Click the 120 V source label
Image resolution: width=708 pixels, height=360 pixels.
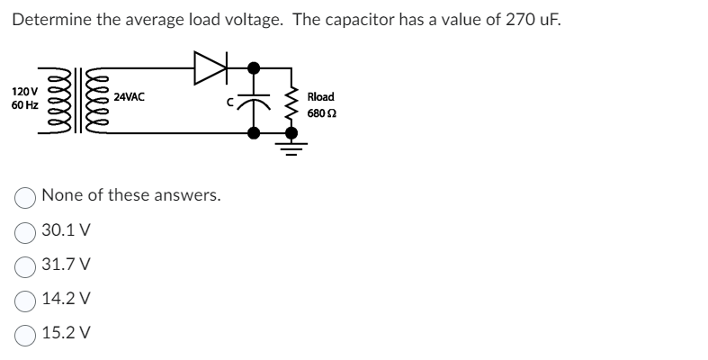tap(24, 92)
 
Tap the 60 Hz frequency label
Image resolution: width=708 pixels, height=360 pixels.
tap(24, 105)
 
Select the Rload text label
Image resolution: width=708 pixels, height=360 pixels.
tap(321, 96)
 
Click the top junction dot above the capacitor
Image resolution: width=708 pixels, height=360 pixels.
tap(255, 67)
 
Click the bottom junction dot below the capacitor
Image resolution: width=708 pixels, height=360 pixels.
tap(255, 133)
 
